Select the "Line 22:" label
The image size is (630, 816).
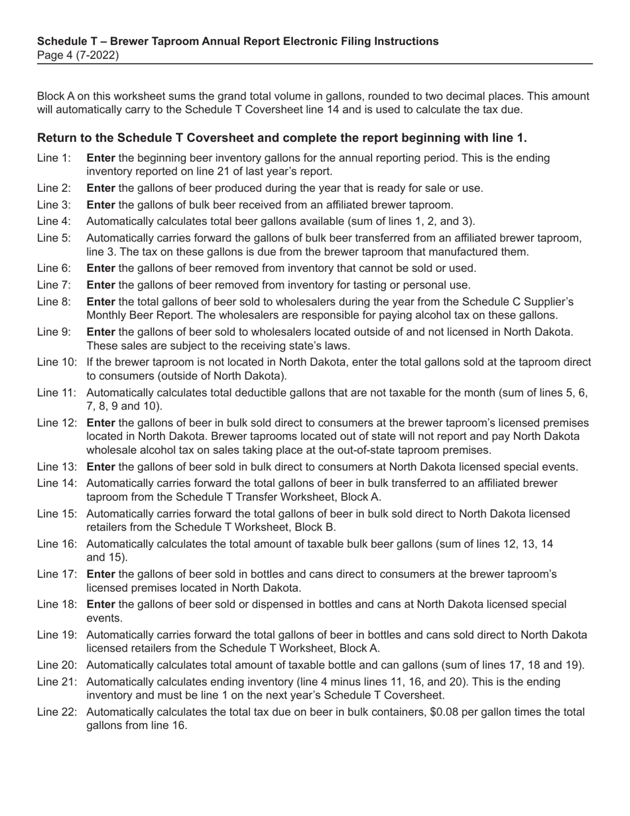pyautogui.click(x=56, y=712)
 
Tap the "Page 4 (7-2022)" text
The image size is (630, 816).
pyautogui.click(x=78, y=55)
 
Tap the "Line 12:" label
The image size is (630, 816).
pyautogui.click(x=56, y=423)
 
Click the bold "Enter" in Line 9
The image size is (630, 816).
pyautogui.click(x=101, y=332)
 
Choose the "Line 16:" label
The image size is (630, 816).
pyautogui.click(x=56, y=544)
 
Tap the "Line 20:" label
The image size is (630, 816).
pyautogui.click(x=56, y=665)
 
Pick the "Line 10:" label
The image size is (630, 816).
pyautogui.click(x=56, y=362)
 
